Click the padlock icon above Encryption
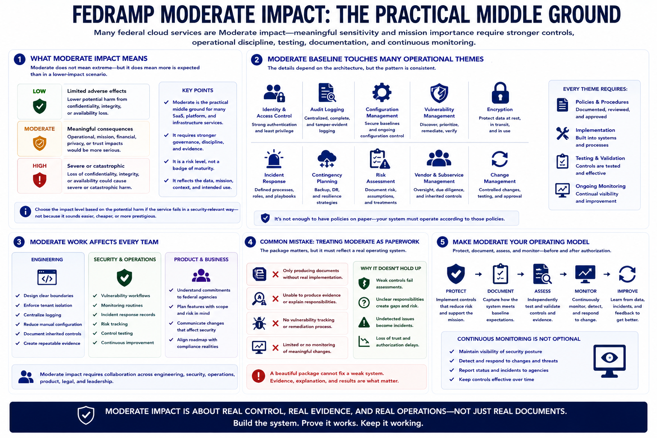pos(500,93)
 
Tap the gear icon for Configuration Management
pos(382,92)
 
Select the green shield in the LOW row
pos(40,106)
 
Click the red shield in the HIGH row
pos(40,180)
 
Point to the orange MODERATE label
pos(40,129)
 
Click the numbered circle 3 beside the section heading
pos(19,242)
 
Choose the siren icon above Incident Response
pos(274,159)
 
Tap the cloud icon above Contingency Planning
pos(327,159)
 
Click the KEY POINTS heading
pos(198,90)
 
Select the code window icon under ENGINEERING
pos(47,277)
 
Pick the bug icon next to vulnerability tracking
pos(259,323)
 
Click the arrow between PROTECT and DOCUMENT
pos(478,274)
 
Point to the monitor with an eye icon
pos(610,361)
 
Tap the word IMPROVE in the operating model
pos(627,291)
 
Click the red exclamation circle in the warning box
pos(258,376)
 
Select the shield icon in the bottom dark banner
pos(86,415)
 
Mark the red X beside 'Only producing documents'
pos(275,274)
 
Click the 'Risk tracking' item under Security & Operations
pos(114,324)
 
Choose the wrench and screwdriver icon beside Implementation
pos(562,133)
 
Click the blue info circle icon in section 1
pos(26,212)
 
